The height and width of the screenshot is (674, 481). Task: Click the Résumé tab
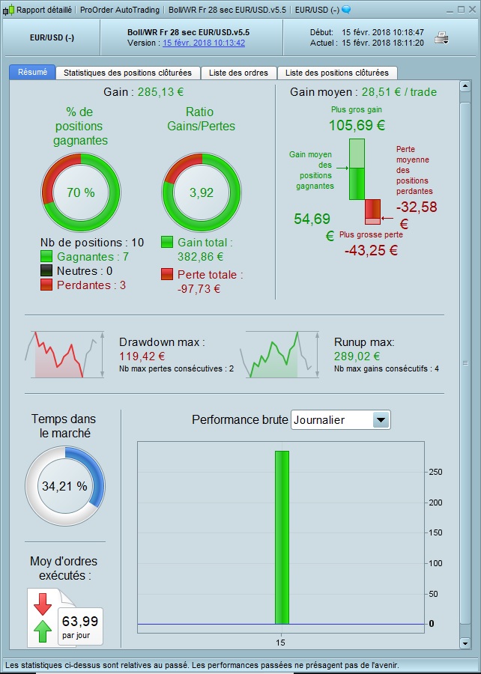(31, 73)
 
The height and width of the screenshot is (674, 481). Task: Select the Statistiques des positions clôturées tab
(128, 73)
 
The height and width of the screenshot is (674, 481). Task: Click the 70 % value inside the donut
(80, 192)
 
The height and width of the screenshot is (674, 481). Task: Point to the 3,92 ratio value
(202, 192)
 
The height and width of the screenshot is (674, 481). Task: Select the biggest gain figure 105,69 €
(356, 124)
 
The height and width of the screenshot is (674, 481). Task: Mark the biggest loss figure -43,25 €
(371, 250)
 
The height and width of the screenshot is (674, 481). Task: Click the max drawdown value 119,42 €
(142, 356)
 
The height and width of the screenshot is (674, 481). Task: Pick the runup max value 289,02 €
(357, 356)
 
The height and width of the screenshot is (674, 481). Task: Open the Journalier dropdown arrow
(381, 420)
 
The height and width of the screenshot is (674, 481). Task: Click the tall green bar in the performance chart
(281, 537)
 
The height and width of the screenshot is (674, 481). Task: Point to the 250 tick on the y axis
(435, 472)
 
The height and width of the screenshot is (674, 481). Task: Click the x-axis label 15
(281, 643)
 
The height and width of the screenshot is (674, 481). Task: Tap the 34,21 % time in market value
(64, 486)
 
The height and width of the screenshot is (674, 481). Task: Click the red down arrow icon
(43, 604)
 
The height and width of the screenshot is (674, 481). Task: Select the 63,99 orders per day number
(79, 621)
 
